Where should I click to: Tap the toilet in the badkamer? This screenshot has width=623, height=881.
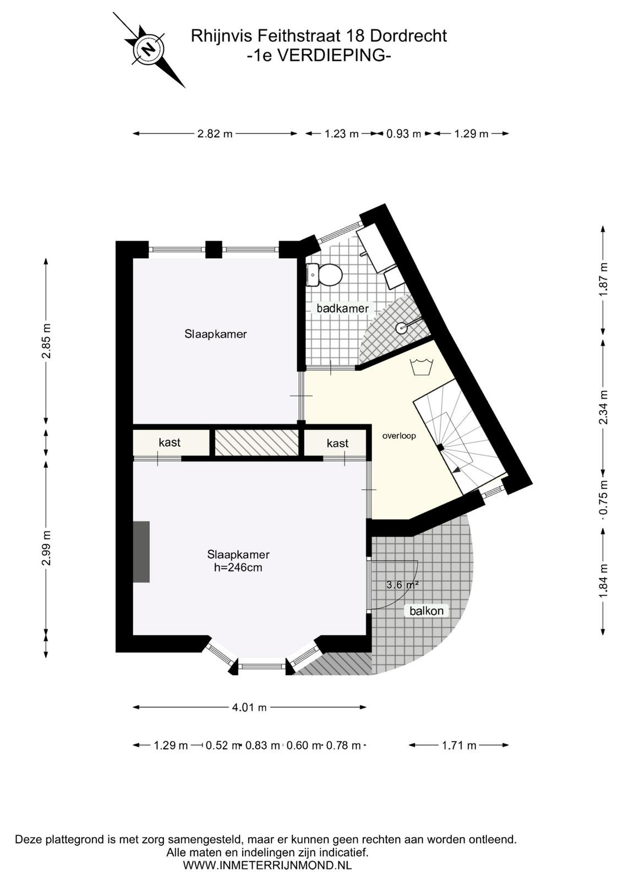(325, 275)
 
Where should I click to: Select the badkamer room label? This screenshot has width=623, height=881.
(342, 308)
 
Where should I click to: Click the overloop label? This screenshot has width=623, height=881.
(399, 436)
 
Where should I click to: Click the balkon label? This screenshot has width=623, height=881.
(427, 611)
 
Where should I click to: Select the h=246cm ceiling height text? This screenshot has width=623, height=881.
(239, 568)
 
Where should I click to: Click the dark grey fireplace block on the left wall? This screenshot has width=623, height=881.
(141, 551)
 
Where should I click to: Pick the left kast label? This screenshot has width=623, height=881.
(170, 443)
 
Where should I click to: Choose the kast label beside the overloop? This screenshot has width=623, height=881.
(337, 443)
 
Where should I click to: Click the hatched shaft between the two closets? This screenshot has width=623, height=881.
(256, 443)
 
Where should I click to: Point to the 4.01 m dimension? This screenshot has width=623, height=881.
(249, 707)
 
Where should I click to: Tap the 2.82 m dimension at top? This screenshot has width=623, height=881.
(215, 134)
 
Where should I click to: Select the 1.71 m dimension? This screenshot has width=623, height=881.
(458, 745)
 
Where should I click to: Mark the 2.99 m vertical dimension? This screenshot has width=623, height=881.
(46, 548)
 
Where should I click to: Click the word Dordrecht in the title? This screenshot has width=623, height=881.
(409, 36)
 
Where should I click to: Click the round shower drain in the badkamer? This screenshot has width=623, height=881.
(400, 327)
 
